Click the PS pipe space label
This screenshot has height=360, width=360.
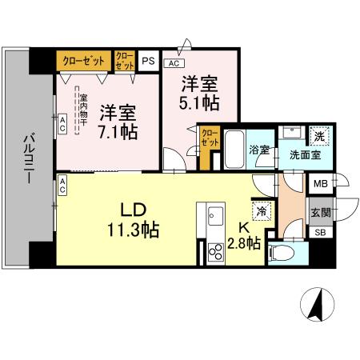click(148, 59)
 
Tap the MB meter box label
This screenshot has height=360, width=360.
click(320, 183)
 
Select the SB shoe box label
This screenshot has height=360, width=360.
click(320, 233)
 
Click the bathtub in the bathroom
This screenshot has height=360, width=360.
click(233, 150)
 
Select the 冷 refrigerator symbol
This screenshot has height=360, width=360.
click(262, 212)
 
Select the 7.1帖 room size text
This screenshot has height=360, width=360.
click(118, 131)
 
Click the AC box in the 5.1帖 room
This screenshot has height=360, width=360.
click(174, 62)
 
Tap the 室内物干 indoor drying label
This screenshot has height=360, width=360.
click(83, 113)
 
